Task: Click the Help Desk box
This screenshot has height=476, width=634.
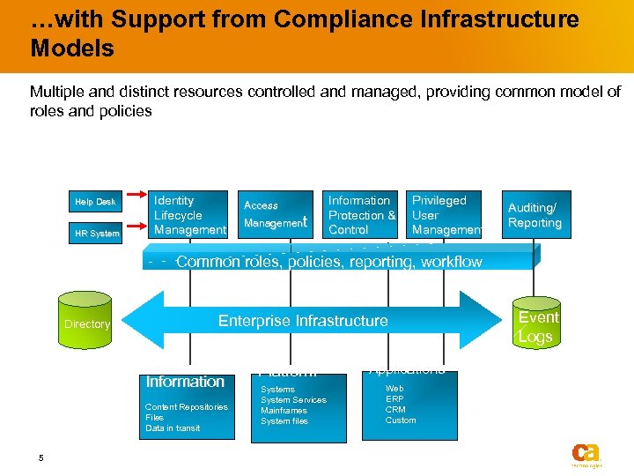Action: coord(95,202)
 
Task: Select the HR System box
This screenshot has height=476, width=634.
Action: coord(95,234)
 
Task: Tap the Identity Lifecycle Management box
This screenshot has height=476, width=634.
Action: coord(188,215)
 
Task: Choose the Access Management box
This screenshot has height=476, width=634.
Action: coord(275,215)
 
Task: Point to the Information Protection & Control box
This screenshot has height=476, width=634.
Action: coord(361,215)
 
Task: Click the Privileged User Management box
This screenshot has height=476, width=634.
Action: coord(446,215)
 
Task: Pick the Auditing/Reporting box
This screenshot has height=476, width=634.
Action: coord(534,215)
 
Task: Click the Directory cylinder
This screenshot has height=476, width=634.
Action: coord(87,324)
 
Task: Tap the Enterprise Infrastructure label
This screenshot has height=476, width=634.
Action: coord(303,321)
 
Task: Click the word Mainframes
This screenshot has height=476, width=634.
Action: coord(284,411)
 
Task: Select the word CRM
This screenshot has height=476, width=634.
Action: coord(396,410)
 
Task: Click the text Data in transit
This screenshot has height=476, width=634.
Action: coord(173,428)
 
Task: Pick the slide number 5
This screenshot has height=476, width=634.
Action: coord(41,457)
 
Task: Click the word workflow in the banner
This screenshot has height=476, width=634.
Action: coord(451,262)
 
